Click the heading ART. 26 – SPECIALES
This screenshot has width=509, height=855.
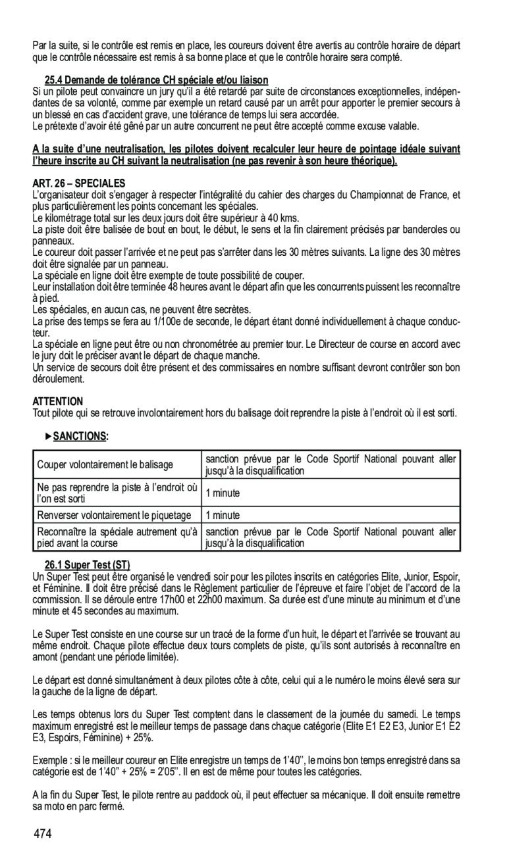point(78,182)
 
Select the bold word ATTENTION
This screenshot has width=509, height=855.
point(58,401)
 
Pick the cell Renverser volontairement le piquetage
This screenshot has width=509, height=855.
point(114,515)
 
